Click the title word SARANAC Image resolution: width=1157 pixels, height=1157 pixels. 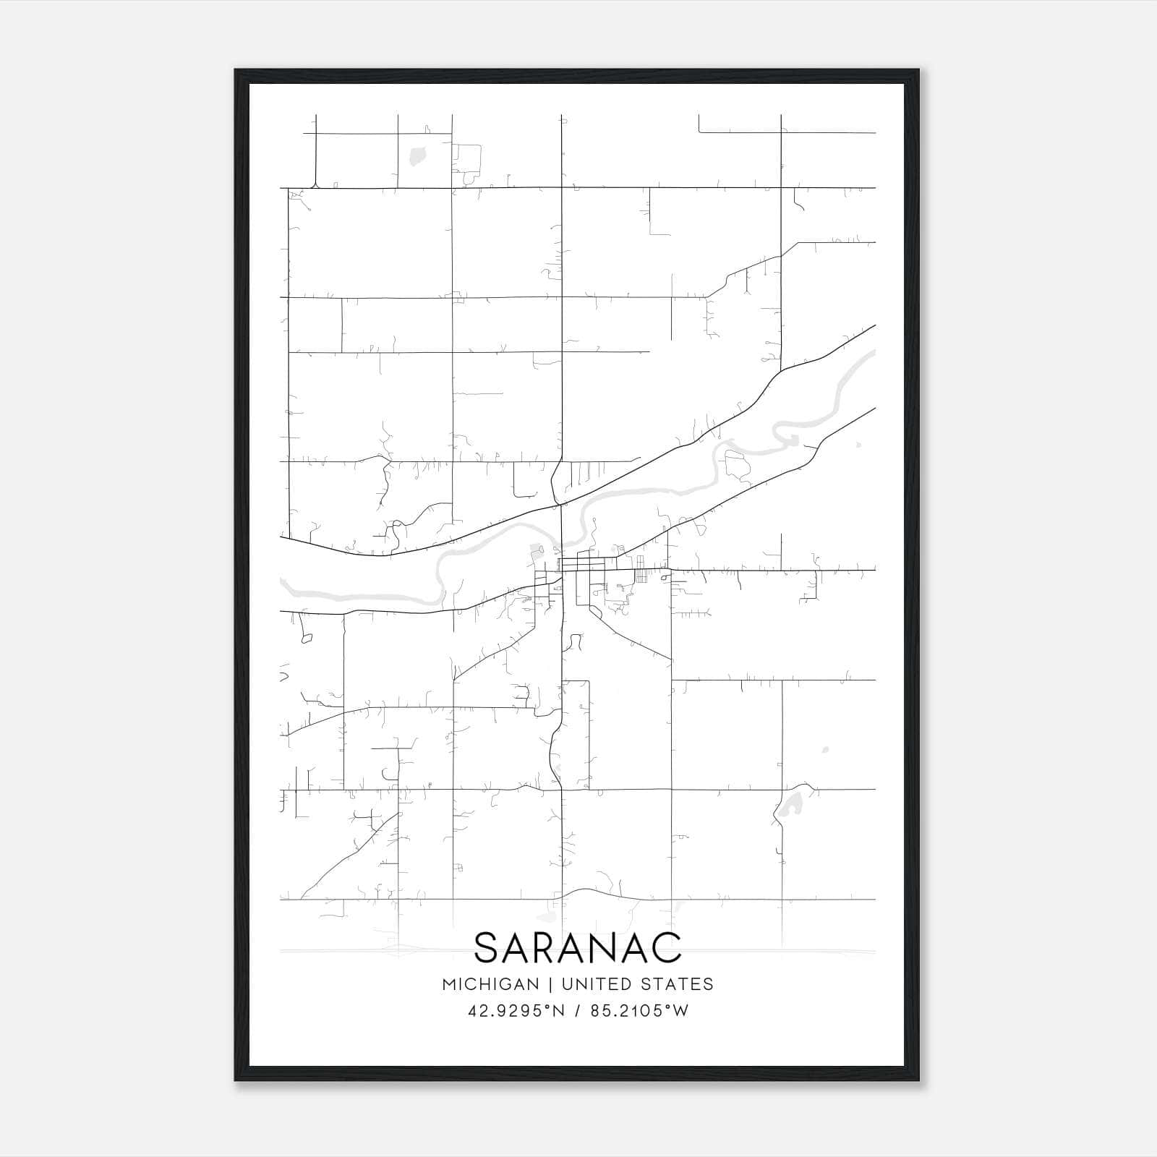coord(578,947)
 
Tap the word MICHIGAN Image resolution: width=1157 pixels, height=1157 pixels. coord(491,984)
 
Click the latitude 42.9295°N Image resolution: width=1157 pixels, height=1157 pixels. coord(516,1011)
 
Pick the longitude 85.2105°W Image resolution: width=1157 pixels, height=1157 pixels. coord(639,1011)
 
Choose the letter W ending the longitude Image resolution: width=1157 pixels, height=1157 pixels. coord(680,1011)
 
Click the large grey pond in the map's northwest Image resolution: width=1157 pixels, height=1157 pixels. coord(417,154)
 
